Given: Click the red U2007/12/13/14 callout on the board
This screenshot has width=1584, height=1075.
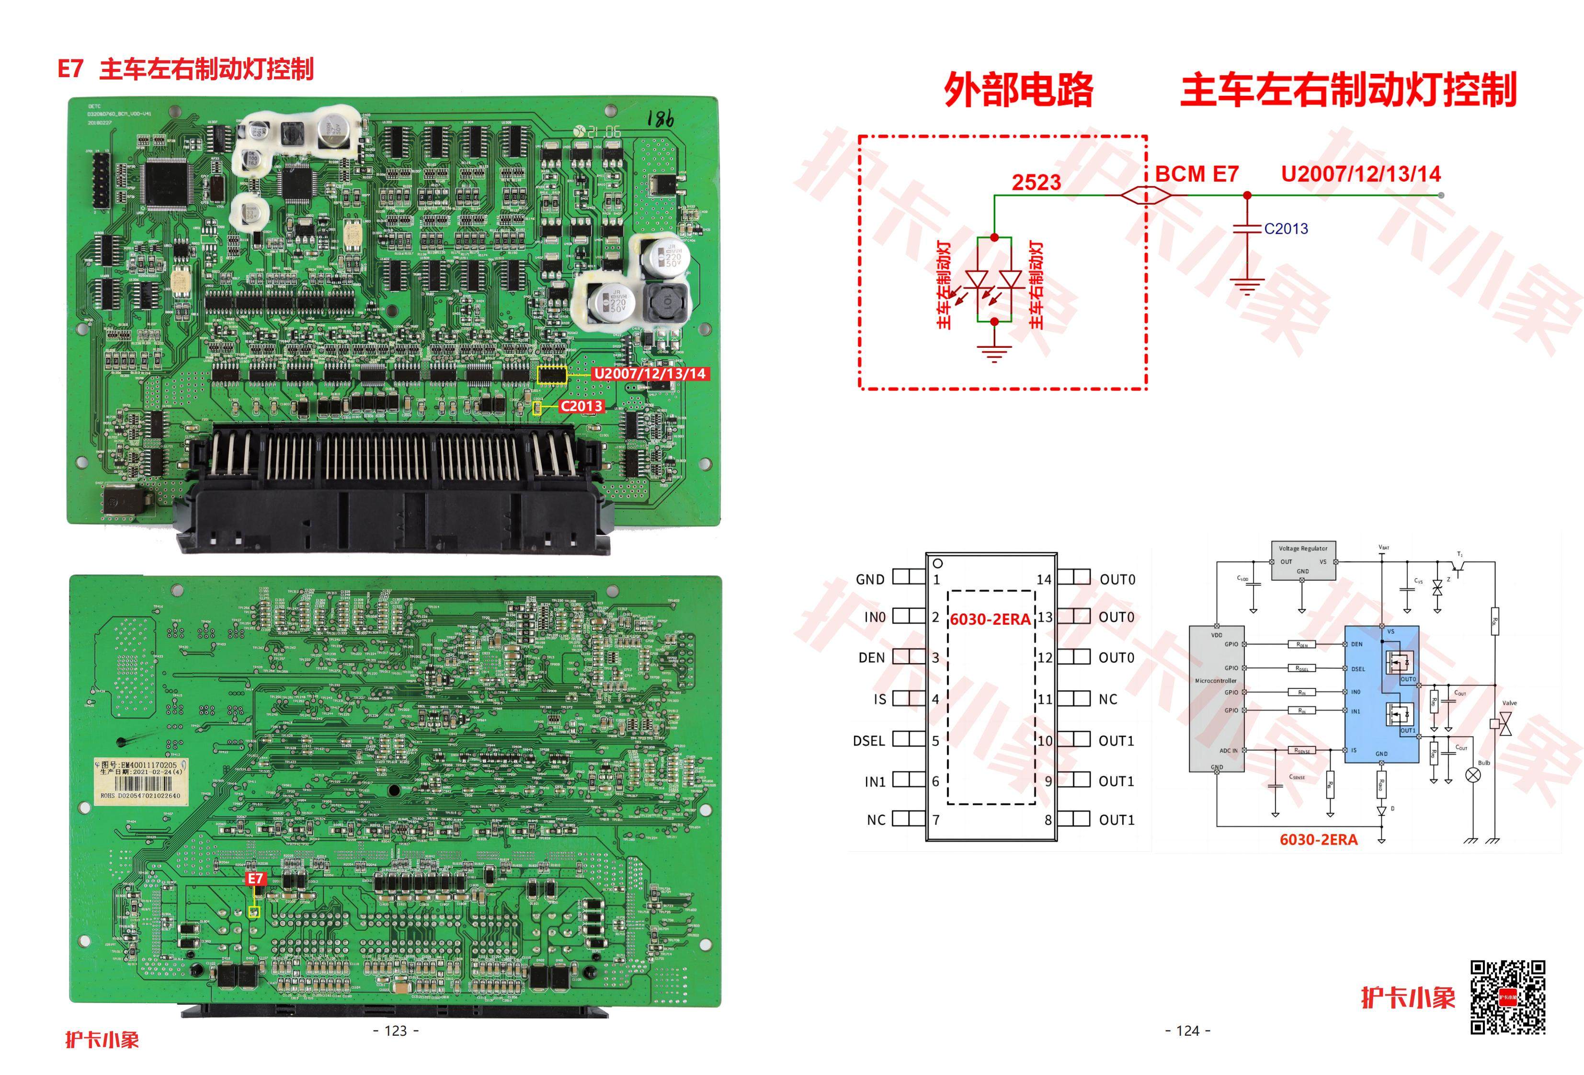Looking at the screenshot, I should tap(649, 374).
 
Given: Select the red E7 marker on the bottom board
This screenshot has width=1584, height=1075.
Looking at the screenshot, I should tap(255, 879).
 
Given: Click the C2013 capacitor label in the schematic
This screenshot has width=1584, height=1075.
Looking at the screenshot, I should tap(1286, 229).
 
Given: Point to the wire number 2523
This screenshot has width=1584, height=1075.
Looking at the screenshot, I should tap(1036, 183).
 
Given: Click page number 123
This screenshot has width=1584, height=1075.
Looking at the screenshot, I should tap(396, 1031).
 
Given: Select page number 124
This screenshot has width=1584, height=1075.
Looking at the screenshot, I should tap(1187, 1031).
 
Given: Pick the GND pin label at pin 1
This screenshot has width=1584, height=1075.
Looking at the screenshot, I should tap(870, 580).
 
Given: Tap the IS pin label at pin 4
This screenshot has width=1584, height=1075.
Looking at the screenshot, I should tap(879, 699).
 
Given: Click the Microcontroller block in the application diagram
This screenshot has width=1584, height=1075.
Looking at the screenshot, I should tap(1216, 699).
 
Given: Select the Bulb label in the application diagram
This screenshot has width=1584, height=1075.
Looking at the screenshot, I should tap(1484, 763).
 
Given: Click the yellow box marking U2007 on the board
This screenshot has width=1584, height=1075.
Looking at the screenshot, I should tap(552, 374).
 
